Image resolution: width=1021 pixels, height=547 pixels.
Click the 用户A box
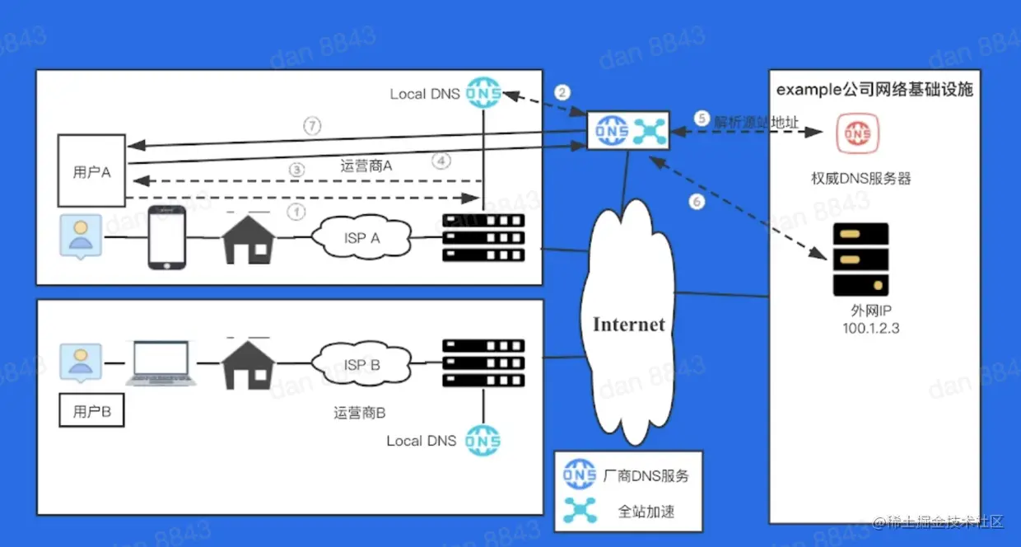pos(91,171)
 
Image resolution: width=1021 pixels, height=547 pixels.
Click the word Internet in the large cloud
pos(628,324)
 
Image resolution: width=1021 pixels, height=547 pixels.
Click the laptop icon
pos(161,364)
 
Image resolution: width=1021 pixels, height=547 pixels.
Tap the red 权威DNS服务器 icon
pos(858,133)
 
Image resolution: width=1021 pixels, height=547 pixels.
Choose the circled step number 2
pos(562,92)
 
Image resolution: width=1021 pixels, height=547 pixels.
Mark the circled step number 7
pos(311,127)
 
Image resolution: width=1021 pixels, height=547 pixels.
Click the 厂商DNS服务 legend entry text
pos(646,475)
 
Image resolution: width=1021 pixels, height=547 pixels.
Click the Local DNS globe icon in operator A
pos(483,93)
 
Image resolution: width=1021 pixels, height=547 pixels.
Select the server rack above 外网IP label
pos(860,259)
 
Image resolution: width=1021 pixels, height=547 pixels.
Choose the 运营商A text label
pos(366,166)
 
